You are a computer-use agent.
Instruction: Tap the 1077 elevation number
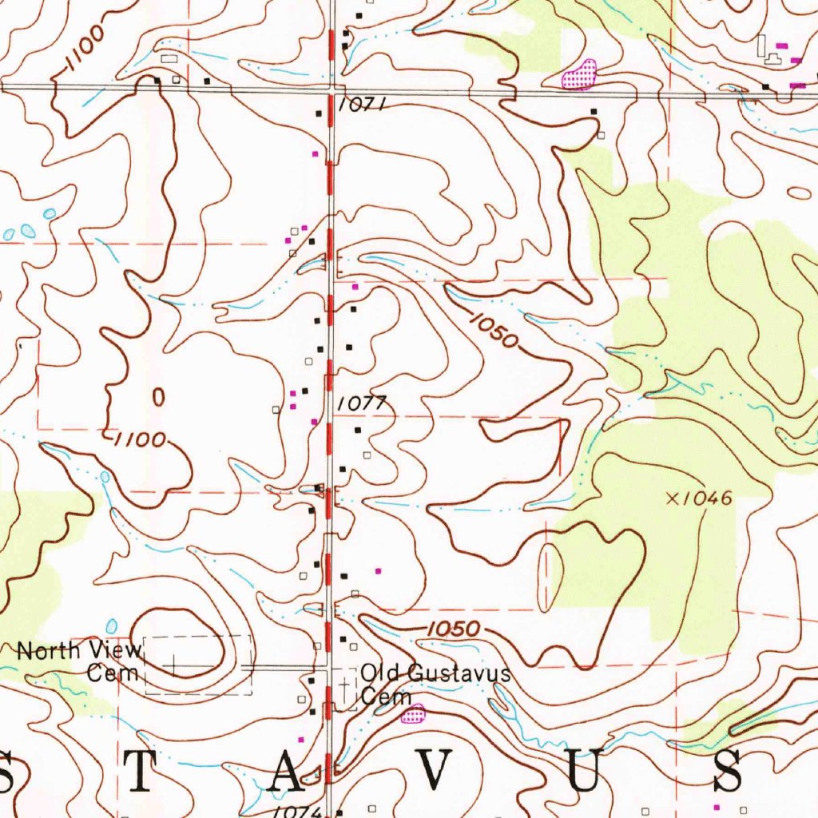[362, 404]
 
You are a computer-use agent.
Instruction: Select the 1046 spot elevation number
[706, 498]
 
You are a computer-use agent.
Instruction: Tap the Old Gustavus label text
[435, 673]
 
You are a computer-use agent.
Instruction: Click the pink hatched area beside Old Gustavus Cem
[414, 713]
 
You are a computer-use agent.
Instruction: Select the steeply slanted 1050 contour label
[494, 331]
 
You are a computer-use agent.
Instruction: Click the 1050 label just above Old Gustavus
[453, 629]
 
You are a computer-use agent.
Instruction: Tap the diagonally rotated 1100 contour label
[84, 50]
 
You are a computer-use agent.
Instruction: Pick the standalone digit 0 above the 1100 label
[158, 397]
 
